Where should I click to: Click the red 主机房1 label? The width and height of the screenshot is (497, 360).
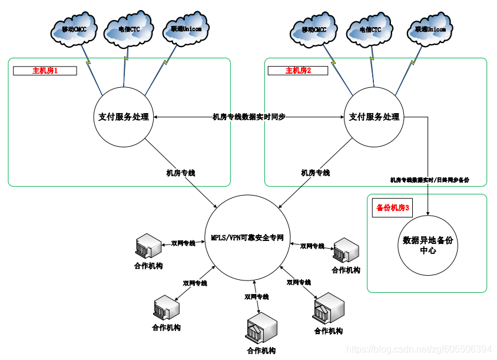tap(45, 71)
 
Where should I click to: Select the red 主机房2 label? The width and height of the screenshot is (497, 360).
tap(298, 71)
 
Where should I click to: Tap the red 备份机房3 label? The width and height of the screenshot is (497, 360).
tap(393, 208)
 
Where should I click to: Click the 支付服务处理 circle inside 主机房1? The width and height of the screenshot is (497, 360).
tap(124, 117)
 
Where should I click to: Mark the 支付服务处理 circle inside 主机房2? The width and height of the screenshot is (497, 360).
tap(375, 117)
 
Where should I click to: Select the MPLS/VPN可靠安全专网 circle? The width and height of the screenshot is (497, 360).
tap(248, 238)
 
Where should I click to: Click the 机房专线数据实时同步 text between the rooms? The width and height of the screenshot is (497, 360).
tap(248, 117)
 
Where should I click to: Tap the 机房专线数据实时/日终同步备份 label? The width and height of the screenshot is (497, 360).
tap(430, 180)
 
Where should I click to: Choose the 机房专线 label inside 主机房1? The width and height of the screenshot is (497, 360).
tap(181, 173)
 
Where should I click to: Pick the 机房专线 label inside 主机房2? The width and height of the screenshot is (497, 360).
tap(316, 173)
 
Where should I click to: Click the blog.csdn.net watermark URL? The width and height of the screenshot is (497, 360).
tap(419, 350)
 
